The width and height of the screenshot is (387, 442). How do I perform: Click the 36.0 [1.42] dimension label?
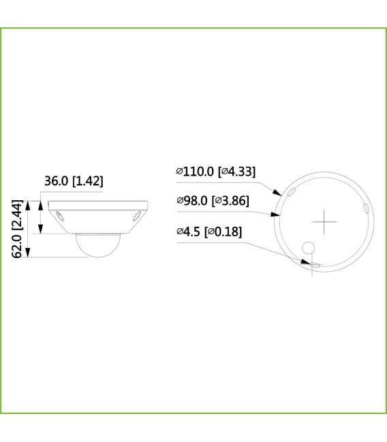click(74, 181)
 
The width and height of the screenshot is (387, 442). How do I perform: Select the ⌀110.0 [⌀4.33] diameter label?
click(215, 172)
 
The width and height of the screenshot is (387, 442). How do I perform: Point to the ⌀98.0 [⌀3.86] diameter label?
click(212, 200)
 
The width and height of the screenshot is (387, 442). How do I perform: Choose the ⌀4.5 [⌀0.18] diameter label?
click(208, 232)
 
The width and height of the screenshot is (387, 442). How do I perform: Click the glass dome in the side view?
click(97, 244)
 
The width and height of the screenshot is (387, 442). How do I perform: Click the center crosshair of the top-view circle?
click(324, 222)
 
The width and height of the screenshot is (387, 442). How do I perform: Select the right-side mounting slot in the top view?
click(365, 207)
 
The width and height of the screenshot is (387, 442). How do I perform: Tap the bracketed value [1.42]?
click(89, 181)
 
